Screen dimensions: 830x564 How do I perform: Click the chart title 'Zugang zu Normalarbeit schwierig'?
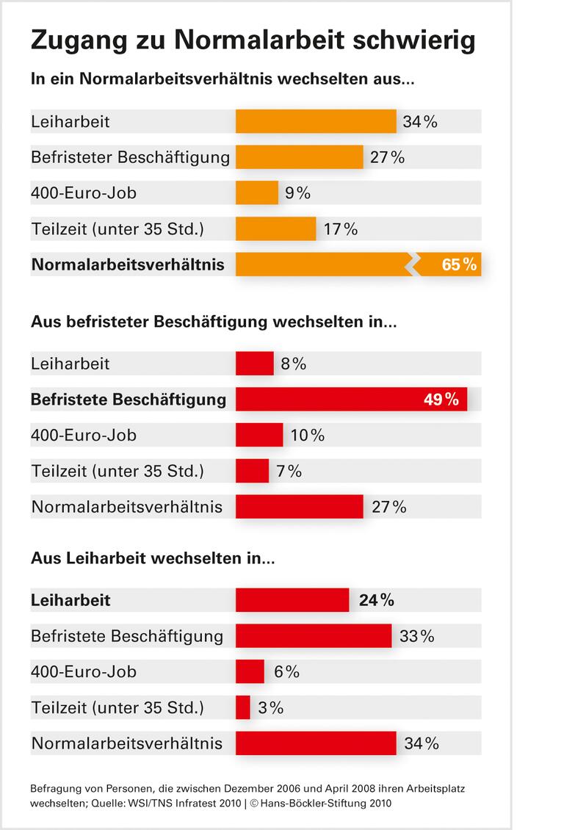(253, 41)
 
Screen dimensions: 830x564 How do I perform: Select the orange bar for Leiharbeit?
(316, 121)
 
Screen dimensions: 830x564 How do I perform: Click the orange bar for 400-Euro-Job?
(257, 192)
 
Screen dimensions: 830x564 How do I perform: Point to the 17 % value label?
(340, 229)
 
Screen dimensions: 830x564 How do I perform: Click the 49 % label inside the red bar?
(441, 400)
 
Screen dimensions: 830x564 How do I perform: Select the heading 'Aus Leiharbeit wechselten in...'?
(153, 558)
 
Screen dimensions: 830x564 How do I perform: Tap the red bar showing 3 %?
(243, 707)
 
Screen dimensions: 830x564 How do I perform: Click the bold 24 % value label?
(376, 600)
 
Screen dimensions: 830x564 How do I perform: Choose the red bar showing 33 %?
(314, 635)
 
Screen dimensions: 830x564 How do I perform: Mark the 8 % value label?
(293, 364)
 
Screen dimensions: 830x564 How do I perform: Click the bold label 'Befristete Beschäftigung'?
(129, 400)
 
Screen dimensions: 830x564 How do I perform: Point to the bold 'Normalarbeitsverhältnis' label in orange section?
(128, 264)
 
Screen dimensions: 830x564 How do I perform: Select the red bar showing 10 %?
(259, 435)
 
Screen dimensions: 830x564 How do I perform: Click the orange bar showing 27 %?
(300, 157)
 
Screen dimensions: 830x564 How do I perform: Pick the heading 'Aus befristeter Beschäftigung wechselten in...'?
(214, 322)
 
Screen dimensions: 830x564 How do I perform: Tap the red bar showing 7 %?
(252, 471)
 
